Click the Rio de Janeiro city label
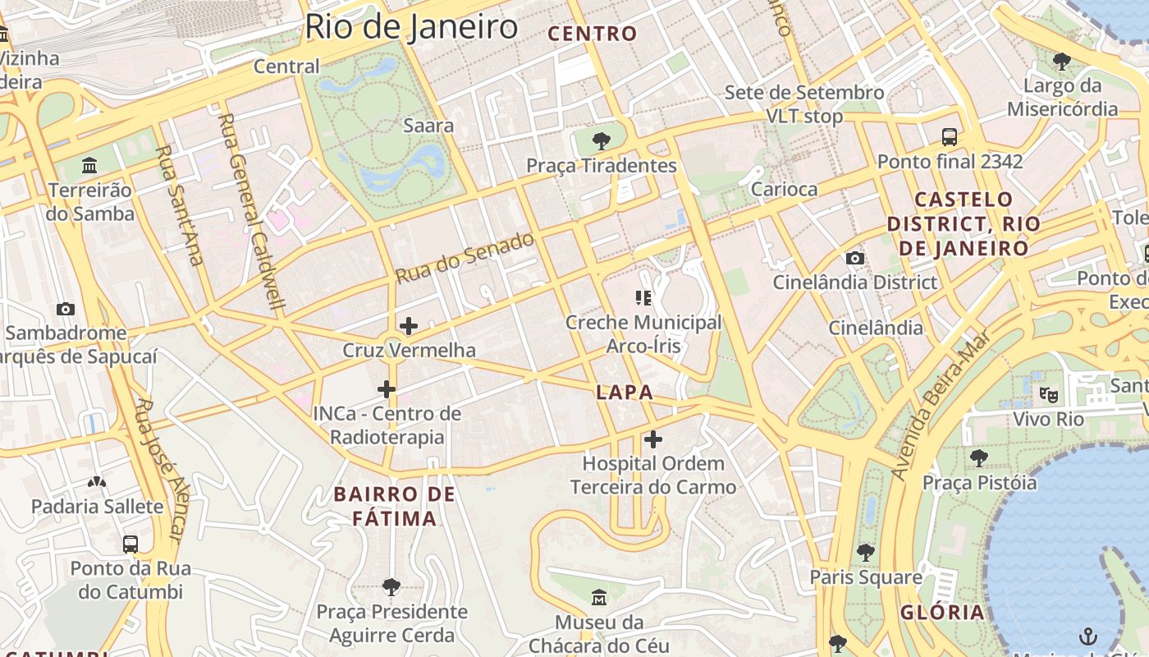pos(410,27)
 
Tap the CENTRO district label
pos(592,34)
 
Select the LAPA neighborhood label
pos(625,393)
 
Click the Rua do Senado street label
pos(465,258)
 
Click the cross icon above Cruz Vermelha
pos(408,326)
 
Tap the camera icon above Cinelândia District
pos(854,258)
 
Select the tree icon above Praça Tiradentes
pos(601,140)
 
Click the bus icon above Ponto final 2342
pos(950,136)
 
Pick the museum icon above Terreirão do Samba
pos(89,165)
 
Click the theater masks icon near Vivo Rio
pos(1048,394)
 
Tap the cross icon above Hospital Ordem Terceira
pos(653,439)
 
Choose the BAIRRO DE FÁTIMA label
pos(394,506)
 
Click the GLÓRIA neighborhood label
pos(942,612)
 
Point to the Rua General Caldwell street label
pos(252,212)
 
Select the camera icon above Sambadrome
pos(66,309)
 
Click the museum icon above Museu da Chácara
pos(599,597)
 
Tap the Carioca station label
pos(785,189)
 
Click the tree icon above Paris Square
pos(865,552)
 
